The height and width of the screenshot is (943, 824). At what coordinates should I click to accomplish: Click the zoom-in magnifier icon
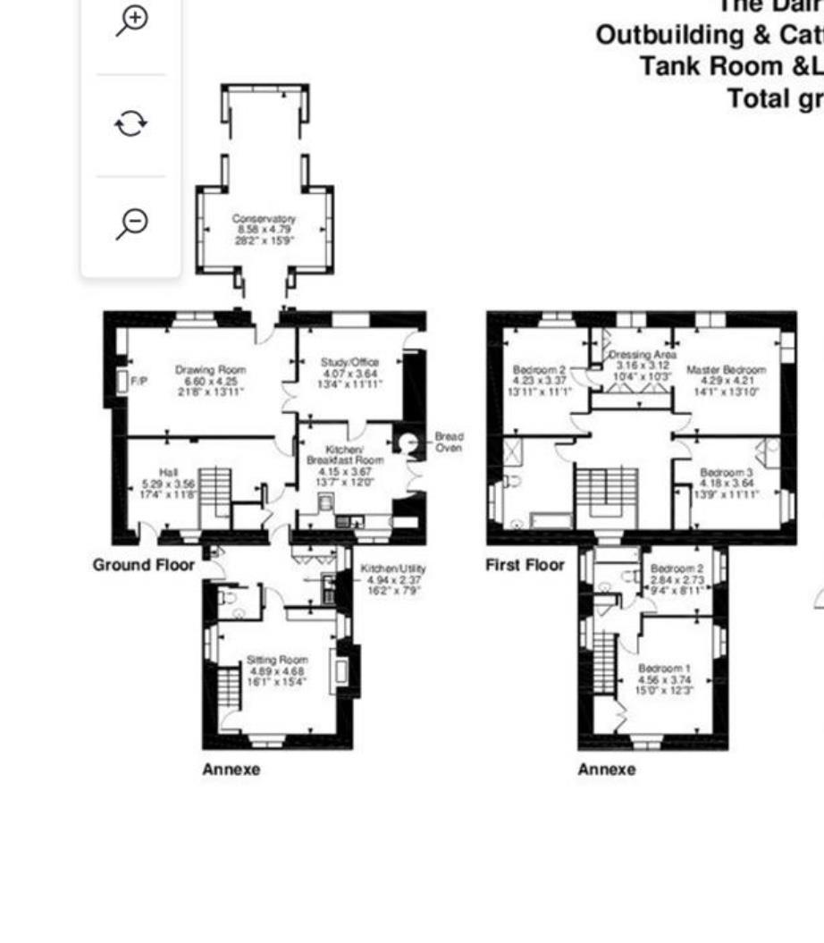[131, 21]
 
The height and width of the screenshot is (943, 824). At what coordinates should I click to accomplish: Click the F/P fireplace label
[139, 382]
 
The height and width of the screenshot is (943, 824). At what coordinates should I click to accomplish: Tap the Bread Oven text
[449, 442]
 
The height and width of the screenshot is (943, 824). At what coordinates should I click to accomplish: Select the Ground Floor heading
[143, 565]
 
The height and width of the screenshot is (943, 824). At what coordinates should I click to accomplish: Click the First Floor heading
[525, 565]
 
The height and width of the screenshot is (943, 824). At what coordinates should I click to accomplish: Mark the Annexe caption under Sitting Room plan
[231, 769]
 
